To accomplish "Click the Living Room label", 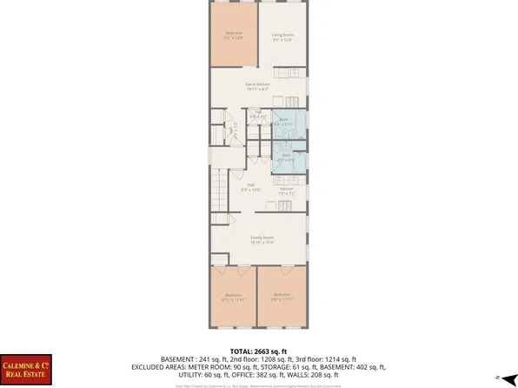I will tap(282, 37).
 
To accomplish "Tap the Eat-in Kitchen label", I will tap(258, 86).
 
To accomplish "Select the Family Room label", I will tap(258, 239).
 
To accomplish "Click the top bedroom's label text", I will tap(233, 37).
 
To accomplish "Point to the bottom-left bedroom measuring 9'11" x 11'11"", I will tap(233, 297).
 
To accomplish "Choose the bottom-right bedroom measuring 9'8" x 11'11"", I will tap(282, 297).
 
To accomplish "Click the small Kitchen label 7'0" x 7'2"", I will tap(287, 190).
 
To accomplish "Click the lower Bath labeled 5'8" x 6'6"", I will tap(287, 157).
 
